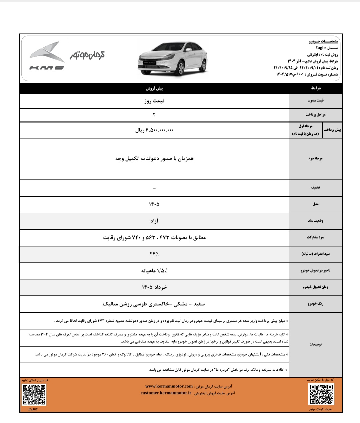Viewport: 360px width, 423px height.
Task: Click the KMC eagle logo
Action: pyautogui.click(x=47, y=56)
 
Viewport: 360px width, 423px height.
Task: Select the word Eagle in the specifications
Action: pyautogui.click(x=320, y=48)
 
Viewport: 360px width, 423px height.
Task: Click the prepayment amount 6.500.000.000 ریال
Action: pyautogui.click(x=154, y=130)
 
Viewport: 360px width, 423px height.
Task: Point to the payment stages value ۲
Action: pyautogui.click(x=154, y=115)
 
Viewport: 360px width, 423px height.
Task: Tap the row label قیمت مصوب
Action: pyautogui.click(x=315, y=101)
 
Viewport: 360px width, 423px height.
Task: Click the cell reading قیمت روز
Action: pyautogui.click(x=154, y=101)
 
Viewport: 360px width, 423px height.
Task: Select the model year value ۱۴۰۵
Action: pyautogui.click(x=154, y=204)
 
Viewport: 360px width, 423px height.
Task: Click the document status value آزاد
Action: pyautogui.click(x=154, y=221)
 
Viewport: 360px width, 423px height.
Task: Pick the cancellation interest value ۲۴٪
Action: pyautogui.click(x=154, y=254)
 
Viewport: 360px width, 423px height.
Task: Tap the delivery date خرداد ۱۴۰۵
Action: pyautogui.click(x=154, y=287)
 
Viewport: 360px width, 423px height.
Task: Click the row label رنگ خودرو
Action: pyautogui.click(x=315, y=304)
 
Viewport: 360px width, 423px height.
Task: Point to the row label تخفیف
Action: pyautogui.click(x=315, y=188)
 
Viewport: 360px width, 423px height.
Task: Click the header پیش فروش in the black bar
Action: pyautogui.click(x=154, y=88)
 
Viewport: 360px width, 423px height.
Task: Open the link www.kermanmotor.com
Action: pyautogui.click(x=169, y=386)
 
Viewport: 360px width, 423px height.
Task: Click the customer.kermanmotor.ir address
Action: pyautogui.click(x=166, y=393)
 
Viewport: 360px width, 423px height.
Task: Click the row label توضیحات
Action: pyautogui.click(x=315, y=344)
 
